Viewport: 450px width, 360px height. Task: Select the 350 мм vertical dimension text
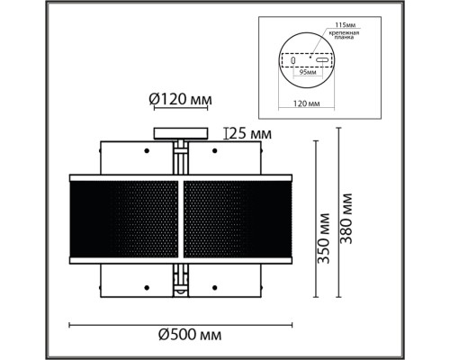point(322,236)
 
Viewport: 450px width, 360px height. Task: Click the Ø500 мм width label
point(185,336)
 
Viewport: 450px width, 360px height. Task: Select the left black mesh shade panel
point(125,220)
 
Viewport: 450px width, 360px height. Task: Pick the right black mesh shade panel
point(239,220)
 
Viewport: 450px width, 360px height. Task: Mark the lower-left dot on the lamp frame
point(148,287)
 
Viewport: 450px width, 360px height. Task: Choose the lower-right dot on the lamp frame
point(216,287)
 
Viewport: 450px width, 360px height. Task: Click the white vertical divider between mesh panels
point(182,220)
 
